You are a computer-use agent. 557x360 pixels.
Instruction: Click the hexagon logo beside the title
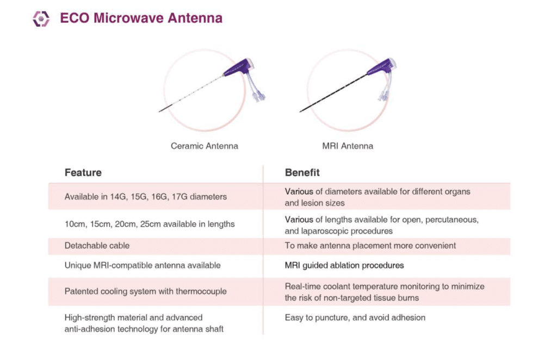coord(41,18)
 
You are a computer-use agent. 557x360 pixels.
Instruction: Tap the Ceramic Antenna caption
coord(205,146)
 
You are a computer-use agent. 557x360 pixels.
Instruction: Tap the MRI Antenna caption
coord(348,146)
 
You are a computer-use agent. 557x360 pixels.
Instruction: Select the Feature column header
coord(83,172)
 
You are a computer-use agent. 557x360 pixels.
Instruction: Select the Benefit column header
coord(302,172)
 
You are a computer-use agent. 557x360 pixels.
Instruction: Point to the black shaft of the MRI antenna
coord(333,93)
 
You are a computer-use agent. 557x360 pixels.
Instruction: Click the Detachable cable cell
coord(97,246)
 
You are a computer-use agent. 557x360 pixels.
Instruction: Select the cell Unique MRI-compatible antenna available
coord(143,265)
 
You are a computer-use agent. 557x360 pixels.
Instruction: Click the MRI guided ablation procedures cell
coord(344,265)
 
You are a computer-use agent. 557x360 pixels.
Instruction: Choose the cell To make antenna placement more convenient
coord(370,246)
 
